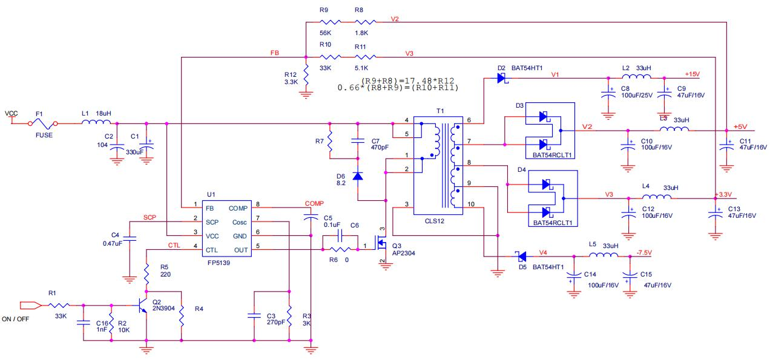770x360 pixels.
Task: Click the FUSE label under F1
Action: coord(44,135)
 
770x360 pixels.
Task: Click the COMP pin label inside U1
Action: coord(238,208)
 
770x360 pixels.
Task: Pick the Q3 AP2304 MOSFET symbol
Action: coord(380,245)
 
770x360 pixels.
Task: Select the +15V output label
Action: coord(691,74)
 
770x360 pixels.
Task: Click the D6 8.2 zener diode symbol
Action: coord(358,176)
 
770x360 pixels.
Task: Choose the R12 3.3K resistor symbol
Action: coord(306,77)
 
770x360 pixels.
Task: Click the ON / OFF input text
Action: coord(16,319)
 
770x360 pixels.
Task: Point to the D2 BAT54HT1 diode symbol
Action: coord(501,78)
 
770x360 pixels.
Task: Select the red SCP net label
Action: coord(150,217)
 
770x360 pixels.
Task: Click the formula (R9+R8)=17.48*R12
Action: coord(407,80)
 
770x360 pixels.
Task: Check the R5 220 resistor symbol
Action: coord(146,277)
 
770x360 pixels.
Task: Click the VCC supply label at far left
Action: coord(11,113)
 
